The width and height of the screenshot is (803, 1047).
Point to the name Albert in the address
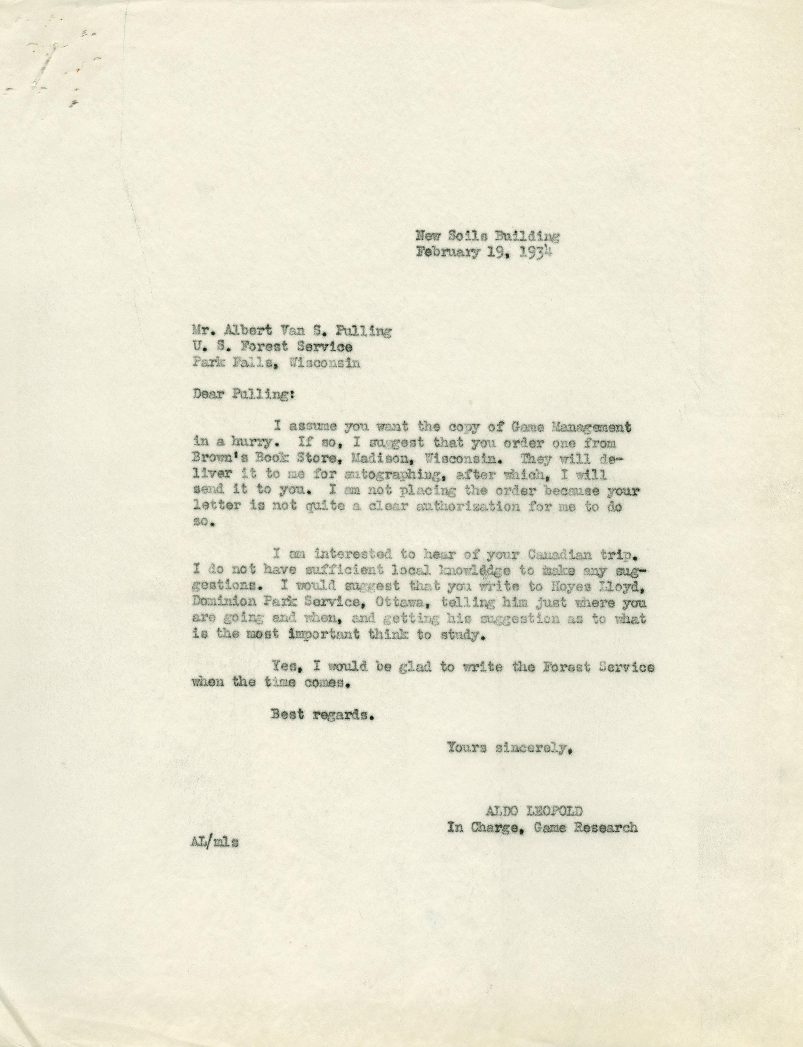point(251,331)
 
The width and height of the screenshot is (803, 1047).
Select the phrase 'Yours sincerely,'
point(509,747)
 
